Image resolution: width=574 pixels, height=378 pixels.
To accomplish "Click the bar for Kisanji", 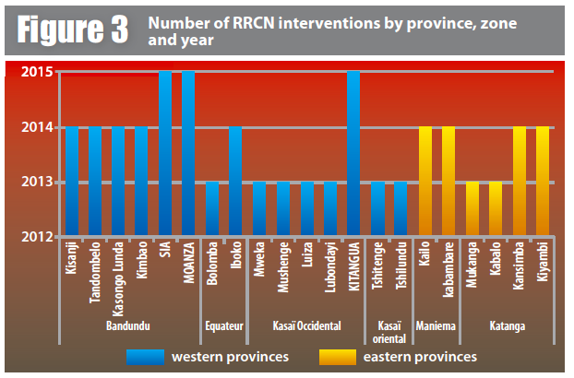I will coord(72,182).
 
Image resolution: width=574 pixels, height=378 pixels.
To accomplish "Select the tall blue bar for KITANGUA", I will coord(353,153).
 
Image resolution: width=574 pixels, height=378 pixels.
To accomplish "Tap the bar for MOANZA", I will coord(189,153).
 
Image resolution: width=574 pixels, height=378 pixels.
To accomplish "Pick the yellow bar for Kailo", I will coord(425,182).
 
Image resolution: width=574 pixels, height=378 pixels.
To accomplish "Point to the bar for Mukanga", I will coord(472,209).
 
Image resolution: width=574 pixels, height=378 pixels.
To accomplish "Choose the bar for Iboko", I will coord(235,182).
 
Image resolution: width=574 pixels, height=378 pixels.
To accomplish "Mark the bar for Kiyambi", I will coord(543,182).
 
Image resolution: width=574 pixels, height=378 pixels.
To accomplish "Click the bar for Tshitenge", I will coord(377,209).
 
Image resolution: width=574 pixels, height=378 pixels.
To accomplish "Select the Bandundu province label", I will coord(129,325).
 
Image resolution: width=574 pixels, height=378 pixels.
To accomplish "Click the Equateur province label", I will coord(222,325).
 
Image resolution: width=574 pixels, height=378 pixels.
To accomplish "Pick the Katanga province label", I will coord(507,325).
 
